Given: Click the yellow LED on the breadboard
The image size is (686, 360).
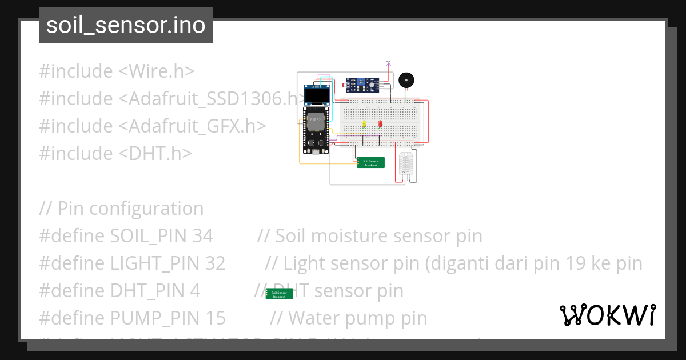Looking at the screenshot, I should pos(364,123).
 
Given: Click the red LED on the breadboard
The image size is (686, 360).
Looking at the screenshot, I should pos(380,123).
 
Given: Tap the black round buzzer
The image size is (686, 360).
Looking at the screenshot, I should pos(406,80).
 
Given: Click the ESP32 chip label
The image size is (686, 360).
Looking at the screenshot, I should pos(314,120).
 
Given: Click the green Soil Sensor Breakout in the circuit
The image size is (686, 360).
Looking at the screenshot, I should pos(370,163).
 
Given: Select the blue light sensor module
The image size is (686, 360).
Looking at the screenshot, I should pos(362,85).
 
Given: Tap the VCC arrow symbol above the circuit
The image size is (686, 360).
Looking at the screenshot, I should pos(389,62).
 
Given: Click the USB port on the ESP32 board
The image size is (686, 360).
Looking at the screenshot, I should pos(314,153).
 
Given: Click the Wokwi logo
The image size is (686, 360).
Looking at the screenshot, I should pos(607,315).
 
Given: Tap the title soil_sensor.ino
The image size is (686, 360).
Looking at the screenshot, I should pos(125,25).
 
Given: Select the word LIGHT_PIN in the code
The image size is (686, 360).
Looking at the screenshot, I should pos(154,263).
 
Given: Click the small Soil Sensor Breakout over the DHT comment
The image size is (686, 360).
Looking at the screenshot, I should pos(279,294).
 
